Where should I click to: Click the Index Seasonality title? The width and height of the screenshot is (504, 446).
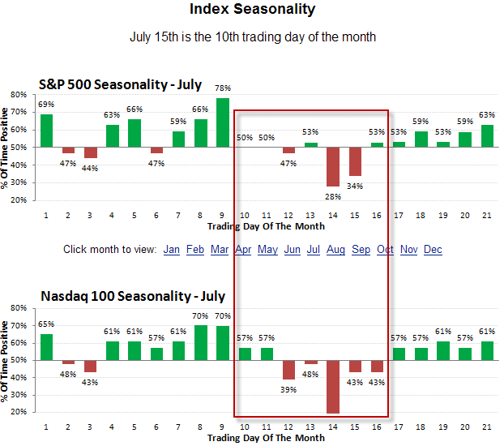pos(252,11)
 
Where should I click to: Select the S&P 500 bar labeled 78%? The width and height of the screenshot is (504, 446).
pos(222,122)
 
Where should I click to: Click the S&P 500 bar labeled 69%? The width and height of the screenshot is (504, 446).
pos(46,131)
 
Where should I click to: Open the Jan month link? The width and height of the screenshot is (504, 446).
pos(172,249)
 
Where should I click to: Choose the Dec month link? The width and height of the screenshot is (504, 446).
pos(433,249)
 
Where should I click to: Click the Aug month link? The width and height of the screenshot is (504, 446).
pos(335,249)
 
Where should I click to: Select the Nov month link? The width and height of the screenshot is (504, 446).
pos(409,249)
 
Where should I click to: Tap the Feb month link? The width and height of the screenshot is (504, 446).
pos(195,249)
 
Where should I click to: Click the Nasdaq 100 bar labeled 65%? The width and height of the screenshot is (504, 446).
pos(46,347)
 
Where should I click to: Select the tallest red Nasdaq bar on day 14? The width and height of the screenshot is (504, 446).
pos(333,387)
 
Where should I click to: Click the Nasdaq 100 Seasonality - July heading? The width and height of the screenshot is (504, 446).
pos(132,296)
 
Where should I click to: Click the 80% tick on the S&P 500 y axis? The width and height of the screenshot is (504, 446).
pos(17,95)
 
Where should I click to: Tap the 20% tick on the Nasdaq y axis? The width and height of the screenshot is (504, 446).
pos(17,412)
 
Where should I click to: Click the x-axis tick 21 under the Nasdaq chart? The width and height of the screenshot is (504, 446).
pos(487,427)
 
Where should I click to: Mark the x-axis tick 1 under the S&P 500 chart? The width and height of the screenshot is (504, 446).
pos(46,215)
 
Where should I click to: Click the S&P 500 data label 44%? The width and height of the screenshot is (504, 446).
pos(90,168)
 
